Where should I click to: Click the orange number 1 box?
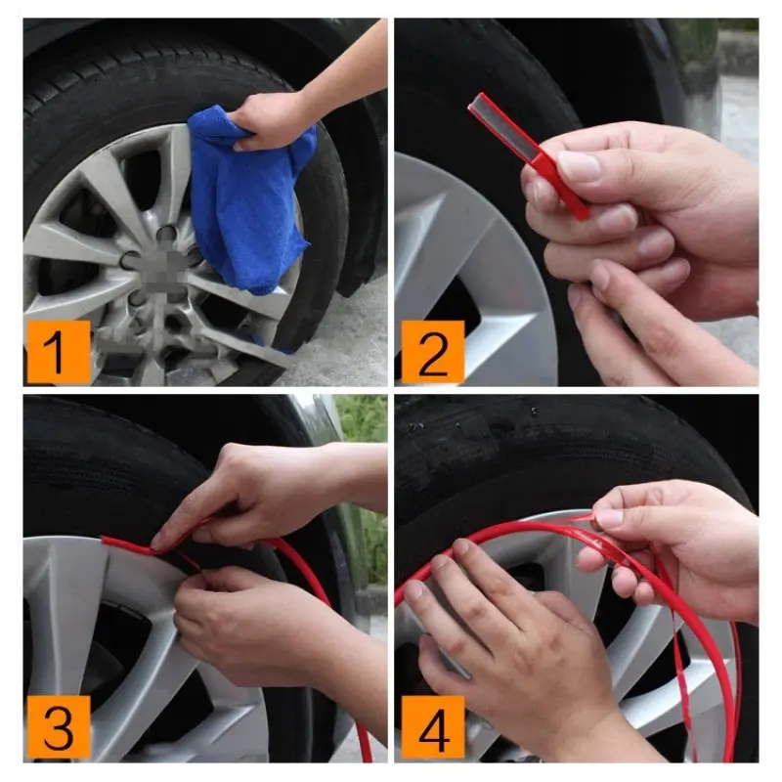(x=57, y=352)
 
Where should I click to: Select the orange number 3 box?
(x=57, y=727)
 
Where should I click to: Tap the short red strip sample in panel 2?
(x=528, y=152)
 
